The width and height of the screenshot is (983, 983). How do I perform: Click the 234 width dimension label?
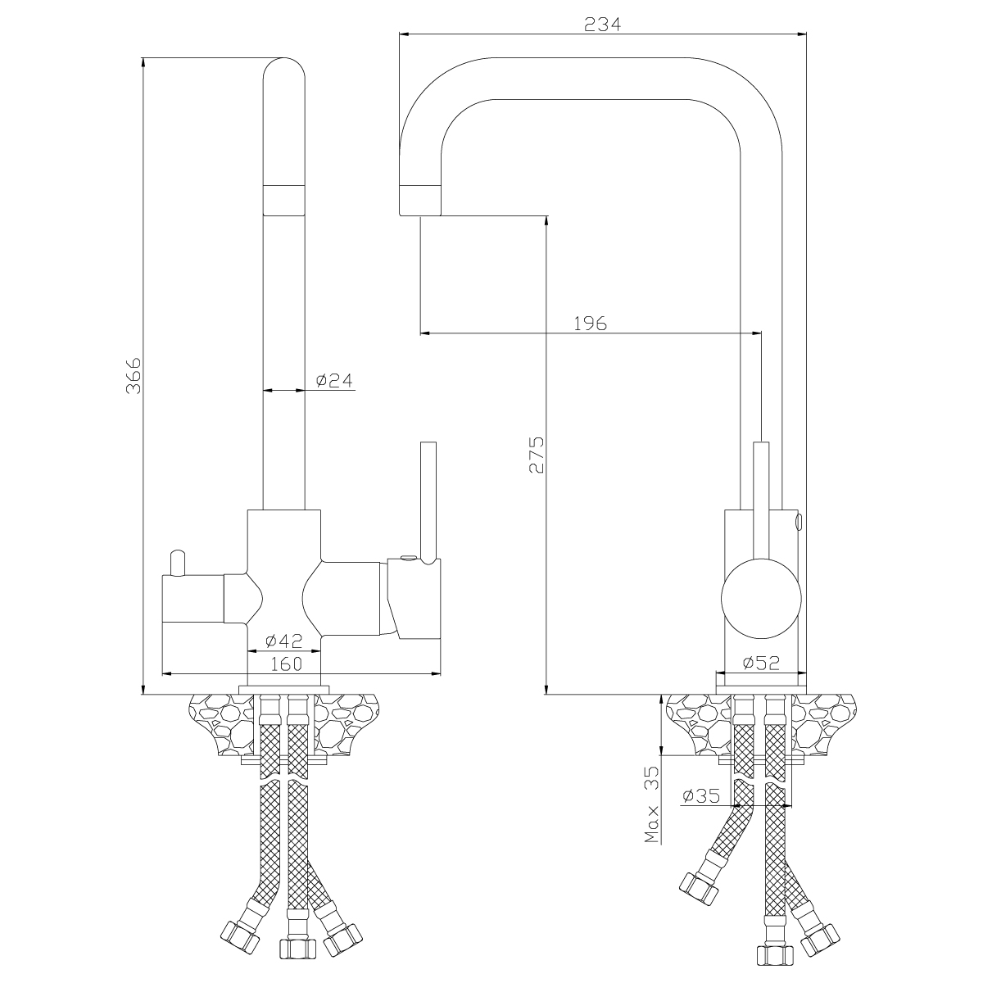(x=603, y=24)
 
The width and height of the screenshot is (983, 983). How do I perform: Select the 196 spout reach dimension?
(x=590, y=323)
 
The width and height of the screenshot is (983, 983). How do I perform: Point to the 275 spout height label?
(x=537, y=455)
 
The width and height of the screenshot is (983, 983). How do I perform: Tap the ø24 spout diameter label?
(x=333, y=380)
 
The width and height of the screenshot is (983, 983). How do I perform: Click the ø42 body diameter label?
(x=285, y=641)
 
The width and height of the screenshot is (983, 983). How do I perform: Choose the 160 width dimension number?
(x=286, y=664)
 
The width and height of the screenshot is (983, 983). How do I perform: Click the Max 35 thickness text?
(x=652, y=802)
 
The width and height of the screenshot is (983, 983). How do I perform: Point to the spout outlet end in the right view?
(x=419, y=201)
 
